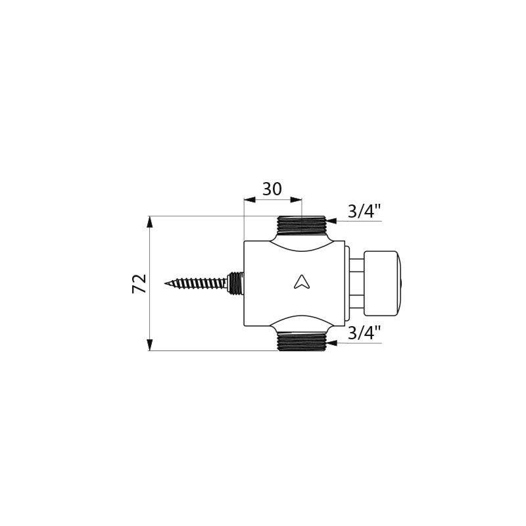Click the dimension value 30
tap(272, 189)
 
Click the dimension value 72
tap(139, 284)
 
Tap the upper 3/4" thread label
tap(364, 211)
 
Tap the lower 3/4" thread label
tap(364, 333)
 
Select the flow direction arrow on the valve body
tap(301, 282)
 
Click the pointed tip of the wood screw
tap(165, 284)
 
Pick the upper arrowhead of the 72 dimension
tap(150, 222)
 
